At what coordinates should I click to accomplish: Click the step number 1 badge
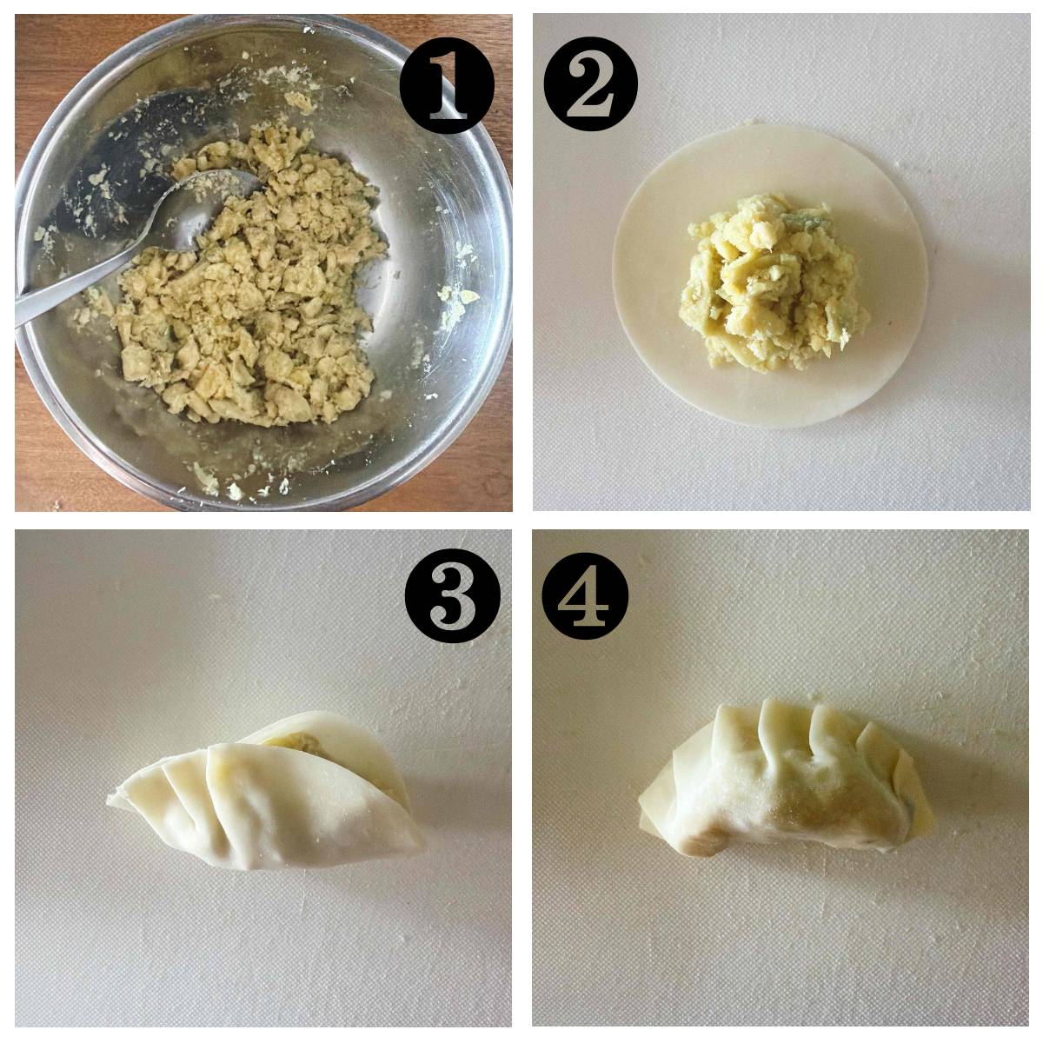[447, 85]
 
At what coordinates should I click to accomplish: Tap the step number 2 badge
[590, 83]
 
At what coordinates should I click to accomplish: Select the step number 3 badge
[453, 595]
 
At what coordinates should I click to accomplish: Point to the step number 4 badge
[585, 596]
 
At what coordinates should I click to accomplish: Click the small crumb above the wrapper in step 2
[748, 123]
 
